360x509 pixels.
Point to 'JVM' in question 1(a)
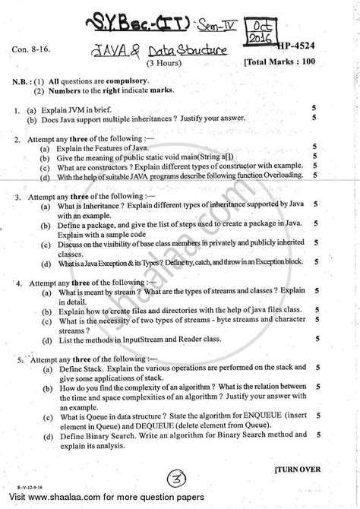[x=95, y=109]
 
